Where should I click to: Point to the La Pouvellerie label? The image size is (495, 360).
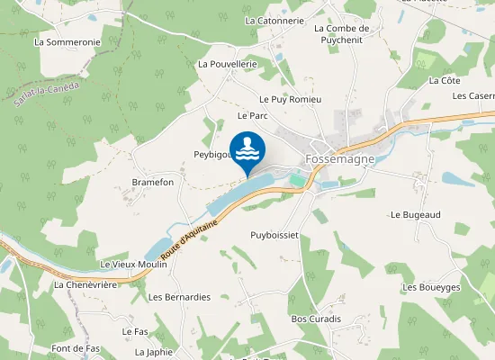(228, 64)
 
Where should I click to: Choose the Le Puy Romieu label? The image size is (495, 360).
(290, 99)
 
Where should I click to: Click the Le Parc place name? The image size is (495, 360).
(253, 116)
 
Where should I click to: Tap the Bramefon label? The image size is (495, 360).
(152, 182)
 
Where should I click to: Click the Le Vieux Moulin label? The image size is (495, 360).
(134, 265)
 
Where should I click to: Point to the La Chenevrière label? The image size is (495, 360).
(87, 284)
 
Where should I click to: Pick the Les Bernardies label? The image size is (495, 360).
(179, 297)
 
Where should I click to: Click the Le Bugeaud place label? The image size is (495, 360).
(414, 215)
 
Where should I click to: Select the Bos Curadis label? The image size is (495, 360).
(313, 319)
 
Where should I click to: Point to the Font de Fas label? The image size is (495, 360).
(76, 348)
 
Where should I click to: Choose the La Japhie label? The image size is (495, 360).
(153, 352)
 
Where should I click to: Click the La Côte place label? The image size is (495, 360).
(445, 80)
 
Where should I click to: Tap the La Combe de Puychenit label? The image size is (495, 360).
(347, 33)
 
